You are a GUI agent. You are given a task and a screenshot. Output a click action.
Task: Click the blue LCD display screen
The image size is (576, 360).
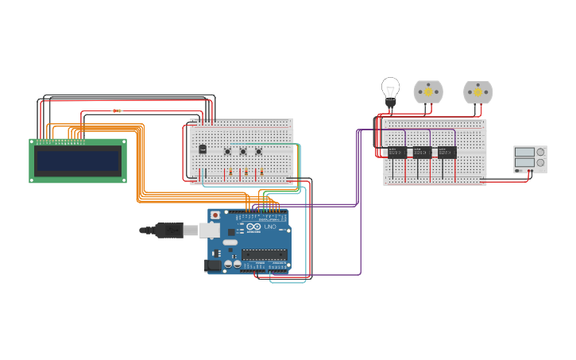(x=78, y=161)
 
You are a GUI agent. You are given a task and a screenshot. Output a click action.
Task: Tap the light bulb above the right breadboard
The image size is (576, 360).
(x=390, y=89)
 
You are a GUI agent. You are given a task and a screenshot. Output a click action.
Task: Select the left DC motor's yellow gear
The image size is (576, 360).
(x=428, y=92)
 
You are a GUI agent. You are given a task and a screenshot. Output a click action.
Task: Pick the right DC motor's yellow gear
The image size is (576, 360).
(x=478, y=92)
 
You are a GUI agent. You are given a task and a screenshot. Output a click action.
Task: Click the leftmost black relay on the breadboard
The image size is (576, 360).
(x=396, y=152)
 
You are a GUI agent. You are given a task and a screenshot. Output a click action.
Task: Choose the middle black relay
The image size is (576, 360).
(x=422, y=152)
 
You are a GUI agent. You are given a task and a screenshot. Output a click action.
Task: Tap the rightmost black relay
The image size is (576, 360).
(x=447, y=152)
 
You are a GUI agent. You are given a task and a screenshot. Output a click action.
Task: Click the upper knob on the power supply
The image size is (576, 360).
(x=540, y=152)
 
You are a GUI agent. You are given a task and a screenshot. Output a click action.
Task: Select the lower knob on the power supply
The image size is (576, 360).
(x=540, y=163)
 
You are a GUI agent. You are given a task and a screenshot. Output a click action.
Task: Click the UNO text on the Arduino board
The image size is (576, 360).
(x=270, y=226)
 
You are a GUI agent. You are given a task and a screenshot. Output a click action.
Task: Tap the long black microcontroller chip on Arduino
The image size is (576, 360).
(x=264, y=255)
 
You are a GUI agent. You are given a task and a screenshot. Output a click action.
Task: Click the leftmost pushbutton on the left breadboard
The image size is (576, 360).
(x=227, y=151)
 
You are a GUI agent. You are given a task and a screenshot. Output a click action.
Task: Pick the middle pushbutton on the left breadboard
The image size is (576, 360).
(x=243, y=151)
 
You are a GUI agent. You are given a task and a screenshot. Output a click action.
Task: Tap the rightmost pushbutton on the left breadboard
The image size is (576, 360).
(x=258, y=151)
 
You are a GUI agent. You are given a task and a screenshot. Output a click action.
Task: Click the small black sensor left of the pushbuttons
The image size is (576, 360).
(x=203, y=149)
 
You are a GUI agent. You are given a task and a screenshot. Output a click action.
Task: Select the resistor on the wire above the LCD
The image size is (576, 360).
(x=117, y=110)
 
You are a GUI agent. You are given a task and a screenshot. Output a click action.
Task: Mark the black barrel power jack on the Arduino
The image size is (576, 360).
(x=213, y=265)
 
